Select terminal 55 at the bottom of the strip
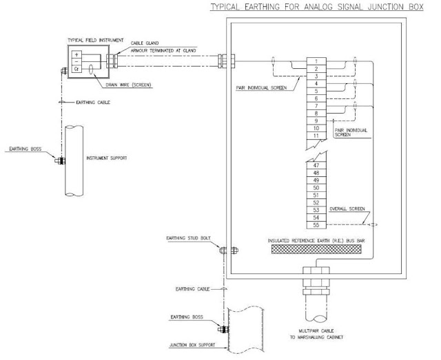click(315, 224)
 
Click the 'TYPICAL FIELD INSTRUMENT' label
click(90, 41)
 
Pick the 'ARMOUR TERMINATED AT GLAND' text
click(163, 50)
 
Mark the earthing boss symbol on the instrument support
click(60, 162)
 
